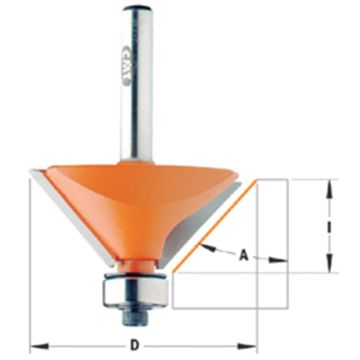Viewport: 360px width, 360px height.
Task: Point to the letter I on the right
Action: (326, 225)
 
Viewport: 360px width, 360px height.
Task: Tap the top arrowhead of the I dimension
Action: (326, 183)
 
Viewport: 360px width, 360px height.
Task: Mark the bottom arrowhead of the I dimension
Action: (326, 267)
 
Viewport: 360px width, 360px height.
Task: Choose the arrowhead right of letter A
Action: (282, 263)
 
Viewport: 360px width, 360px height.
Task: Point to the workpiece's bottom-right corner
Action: (286, 304)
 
